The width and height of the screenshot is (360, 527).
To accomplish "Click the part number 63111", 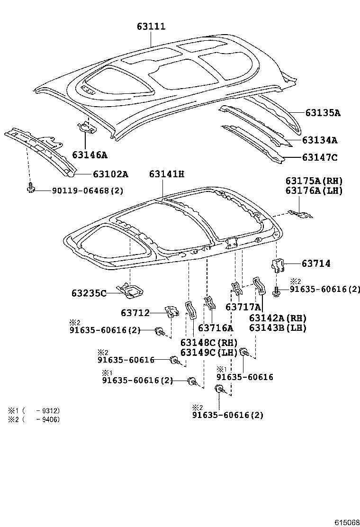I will pos(151,27).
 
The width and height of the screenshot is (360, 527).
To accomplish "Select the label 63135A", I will pos(323,113).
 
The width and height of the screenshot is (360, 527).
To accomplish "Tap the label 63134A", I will pos(320,140).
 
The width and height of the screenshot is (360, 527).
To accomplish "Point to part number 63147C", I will pos(320,158).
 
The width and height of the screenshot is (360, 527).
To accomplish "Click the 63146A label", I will pos(90,154).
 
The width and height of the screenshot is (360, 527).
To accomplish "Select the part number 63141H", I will pos(166,174).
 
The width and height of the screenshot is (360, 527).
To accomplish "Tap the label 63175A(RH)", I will pos(314,181).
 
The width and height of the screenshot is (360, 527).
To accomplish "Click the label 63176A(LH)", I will pos(314,191).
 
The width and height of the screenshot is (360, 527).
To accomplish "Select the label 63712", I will pos(135,313).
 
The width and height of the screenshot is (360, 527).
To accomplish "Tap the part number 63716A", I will pos(216,328).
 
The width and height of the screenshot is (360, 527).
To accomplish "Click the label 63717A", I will pos(243,307).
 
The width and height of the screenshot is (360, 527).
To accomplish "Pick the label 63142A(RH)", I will pos(278,318).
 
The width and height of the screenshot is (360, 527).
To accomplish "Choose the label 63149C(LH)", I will pos(209,352).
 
